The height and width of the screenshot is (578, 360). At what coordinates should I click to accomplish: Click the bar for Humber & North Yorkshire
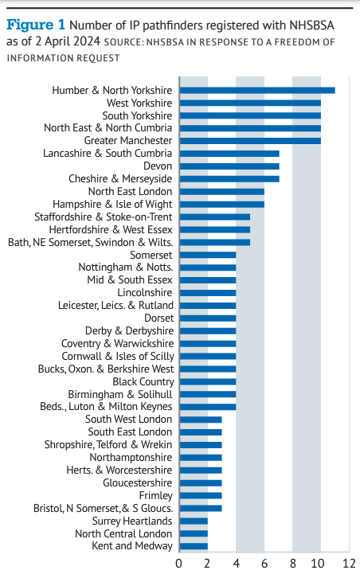click(x=257, y=90)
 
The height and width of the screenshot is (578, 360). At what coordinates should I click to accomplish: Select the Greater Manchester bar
click(x=250, y=141)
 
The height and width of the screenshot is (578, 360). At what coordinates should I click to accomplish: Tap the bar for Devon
click(x=229, y=166)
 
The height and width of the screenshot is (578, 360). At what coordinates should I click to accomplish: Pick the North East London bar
click(x=222, y=192)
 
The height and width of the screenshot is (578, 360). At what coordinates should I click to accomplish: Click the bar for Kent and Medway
click(x=194, y=546)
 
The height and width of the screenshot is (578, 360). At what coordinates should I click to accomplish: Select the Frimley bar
click(x=201, y=496)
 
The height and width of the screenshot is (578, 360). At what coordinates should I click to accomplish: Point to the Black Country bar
click(x=208, y=382)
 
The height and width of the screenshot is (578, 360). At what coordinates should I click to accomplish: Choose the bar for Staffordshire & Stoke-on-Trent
click(x=215, y=217)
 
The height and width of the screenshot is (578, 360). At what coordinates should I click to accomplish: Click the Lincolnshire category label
click(x=145, y=293)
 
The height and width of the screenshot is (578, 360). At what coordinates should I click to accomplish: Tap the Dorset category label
click(x=159, y=318)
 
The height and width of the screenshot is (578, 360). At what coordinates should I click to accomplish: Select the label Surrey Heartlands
click(x=132, y=521)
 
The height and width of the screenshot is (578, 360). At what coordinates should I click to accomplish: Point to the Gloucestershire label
click(x=138, y=483)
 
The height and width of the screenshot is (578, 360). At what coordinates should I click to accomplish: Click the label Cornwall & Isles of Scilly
click(x=118, y=357)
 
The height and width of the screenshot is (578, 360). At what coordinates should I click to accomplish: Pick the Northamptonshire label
click(x=131, y=458)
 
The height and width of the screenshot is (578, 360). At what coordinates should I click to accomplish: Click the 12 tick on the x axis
click(x=349, y=564)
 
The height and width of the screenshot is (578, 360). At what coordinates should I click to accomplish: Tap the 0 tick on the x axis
click(x=179, y=564)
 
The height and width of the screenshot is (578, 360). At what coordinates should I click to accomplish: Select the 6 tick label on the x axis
click(x=264, y=564)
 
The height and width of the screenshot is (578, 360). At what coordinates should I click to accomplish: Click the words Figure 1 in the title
click(x=36, y=25)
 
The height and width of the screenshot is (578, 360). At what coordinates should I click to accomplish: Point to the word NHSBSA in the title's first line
click(x=311, y=25)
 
